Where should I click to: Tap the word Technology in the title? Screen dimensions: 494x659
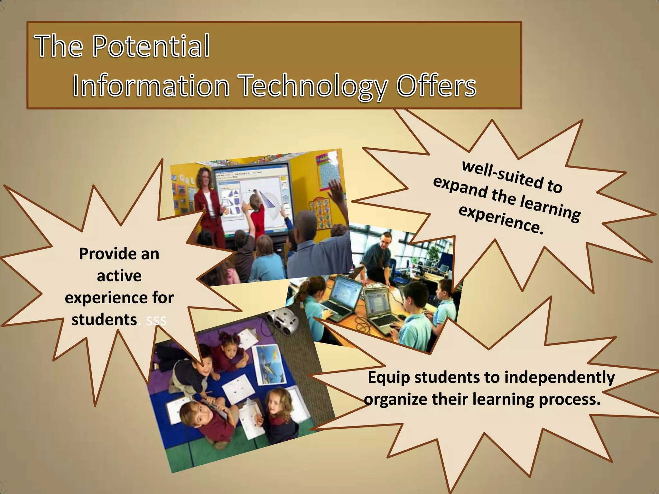point(314,86)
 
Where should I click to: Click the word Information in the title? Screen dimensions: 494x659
point(151,86)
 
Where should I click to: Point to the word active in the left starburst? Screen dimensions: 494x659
point(119,276)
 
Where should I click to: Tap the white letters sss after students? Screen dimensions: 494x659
point(156,320)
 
